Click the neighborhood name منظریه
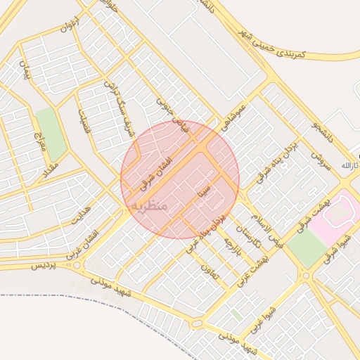tap(148, 205)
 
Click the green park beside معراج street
tap(51, 134)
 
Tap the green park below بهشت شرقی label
tap(307, 247)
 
